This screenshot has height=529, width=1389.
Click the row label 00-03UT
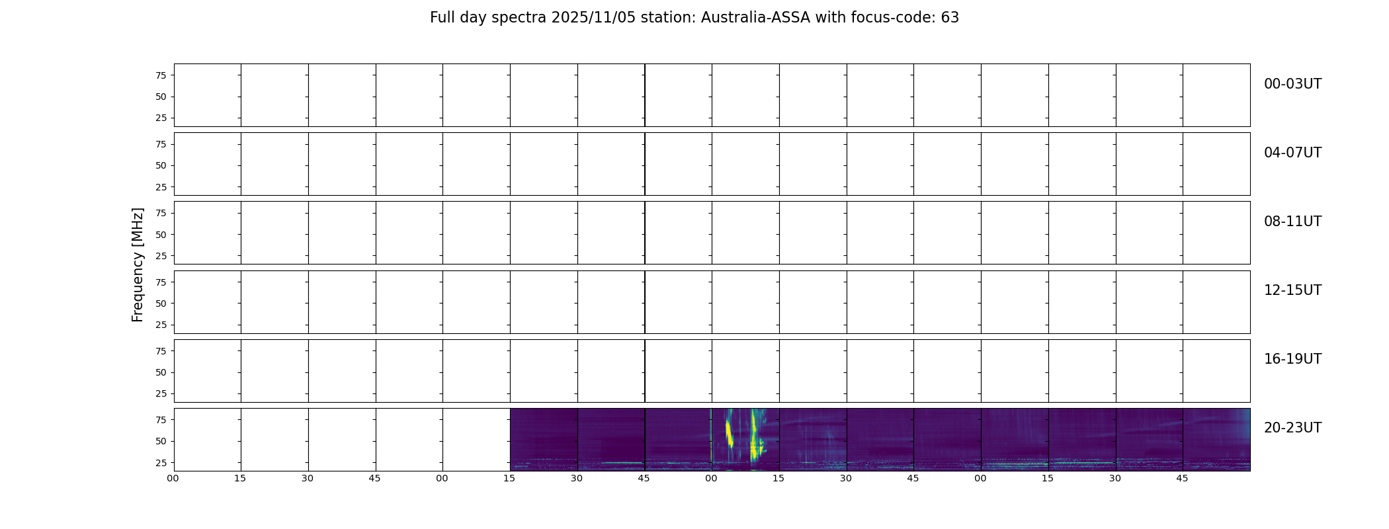[x=1292, y=84]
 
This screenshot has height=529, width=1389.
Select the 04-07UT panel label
[x=1292, y=153]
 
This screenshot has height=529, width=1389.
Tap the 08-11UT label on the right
[x=1292, y=222]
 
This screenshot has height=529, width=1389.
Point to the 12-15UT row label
[x=1292, y=290]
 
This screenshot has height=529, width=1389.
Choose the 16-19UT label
[x=1292, y=359]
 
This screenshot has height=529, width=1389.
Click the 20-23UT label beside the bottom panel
[x=1292, y=428]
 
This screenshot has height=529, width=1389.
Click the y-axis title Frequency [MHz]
[x=138, y=264]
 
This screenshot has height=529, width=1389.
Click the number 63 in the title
[x=950, y=18]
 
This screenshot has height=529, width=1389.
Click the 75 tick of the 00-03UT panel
[x=161, y=75]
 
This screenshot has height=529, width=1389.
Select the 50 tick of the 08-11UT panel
[x=161, y=235]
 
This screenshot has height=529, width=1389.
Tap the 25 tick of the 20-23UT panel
[x=161, y=463]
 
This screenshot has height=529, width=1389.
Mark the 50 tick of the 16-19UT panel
[x=161, y=372]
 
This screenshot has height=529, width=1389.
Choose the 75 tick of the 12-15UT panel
[x=161, y=282]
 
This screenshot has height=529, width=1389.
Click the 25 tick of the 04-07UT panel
[x=161, y=187]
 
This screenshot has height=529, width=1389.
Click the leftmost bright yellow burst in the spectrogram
[x=729, y=433]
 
